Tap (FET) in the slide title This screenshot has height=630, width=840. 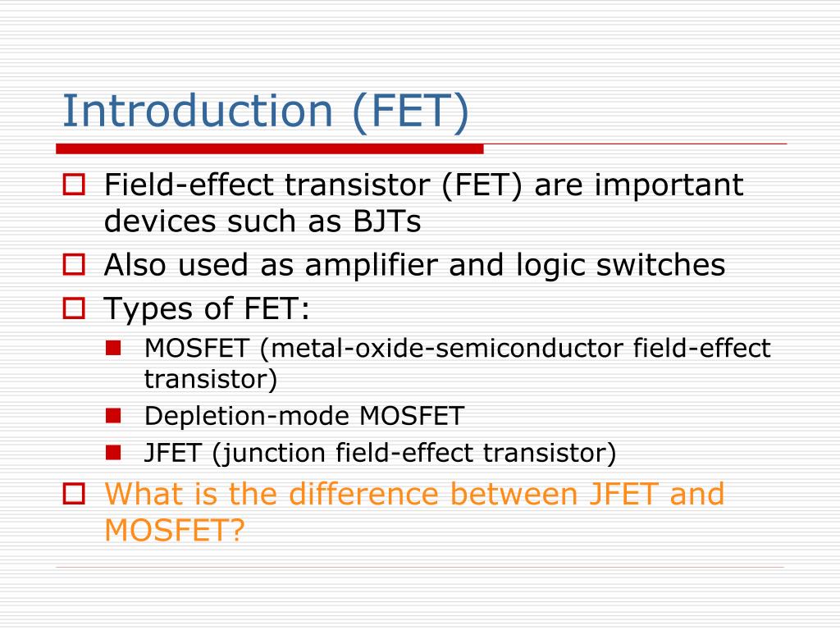pos(411,112)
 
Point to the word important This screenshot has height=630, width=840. pos(669,185)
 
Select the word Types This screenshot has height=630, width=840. pos(143,309)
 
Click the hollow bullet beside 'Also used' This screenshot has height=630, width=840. pos(74,265)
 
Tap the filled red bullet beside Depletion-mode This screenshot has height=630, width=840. pos(113,415)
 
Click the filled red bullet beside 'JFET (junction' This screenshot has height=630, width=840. pos(113,451)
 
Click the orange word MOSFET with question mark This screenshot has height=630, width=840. pos(175,531)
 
